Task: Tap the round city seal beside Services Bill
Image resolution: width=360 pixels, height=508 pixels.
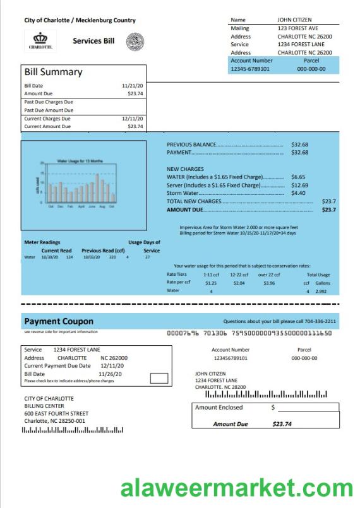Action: pos(135,42)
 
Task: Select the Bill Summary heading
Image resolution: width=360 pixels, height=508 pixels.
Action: pos(53,72)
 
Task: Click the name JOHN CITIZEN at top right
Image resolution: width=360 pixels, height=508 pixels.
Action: pos(294,20)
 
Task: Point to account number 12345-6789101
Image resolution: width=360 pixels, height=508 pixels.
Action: pos(250,69)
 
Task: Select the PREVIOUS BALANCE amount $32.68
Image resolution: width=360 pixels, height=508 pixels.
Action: pos(299,145)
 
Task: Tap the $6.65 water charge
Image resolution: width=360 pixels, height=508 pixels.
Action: pos(298,177)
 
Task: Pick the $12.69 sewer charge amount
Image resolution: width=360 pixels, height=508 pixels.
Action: pos(299,186)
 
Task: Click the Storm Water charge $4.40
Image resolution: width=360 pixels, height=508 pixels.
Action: pos(298,193)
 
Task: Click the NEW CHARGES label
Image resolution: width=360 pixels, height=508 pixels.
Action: pos(185,169)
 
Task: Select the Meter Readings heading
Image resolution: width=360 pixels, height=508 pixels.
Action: pos(42,242)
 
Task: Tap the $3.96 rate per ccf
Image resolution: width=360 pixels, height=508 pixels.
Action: pos(269,283)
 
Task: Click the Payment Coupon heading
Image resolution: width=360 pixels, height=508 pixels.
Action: pos(59,321)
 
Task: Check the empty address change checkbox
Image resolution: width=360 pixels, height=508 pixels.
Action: pos(159,379)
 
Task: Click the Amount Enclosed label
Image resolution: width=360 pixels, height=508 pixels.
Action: pos(219,408)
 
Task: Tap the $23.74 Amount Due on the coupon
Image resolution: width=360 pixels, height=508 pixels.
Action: pos(282,424)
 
